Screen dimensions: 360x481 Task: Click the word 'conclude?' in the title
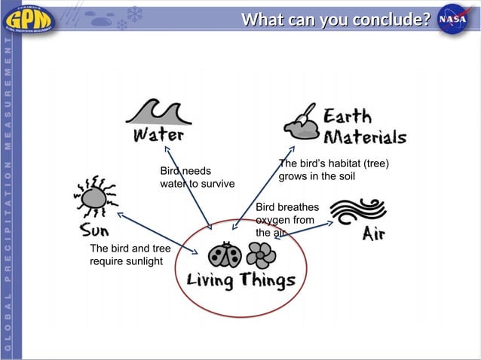[x=389, y=19]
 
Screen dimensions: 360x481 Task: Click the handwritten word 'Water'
[x=158, y=136]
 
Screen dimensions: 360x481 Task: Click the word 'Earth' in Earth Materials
[x=348, y=117]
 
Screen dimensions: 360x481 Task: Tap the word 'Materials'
[x=365, y=137]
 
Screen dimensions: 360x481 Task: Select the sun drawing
[x=94, y=197]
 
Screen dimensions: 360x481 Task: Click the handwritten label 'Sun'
[x=95, y=229]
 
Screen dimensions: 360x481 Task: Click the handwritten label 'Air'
[x=374, y=233]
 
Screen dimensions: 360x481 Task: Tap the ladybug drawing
[x=225, y=255]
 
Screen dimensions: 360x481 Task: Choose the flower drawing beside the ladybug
[x=261, y=255]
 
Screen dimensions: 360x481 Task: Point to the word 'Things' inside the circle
[x=268, y=281]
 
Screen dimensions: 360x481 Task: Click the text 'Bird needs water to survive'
[x=197, y=178]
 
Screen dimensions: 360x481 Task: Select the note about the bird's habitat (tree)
[x=333, y=170]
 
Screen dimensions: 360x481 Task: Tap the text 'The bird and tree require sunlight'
[x=130, y=255]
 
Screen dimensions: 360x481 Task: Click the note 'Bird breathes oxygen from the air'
[x=286, y=219]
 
